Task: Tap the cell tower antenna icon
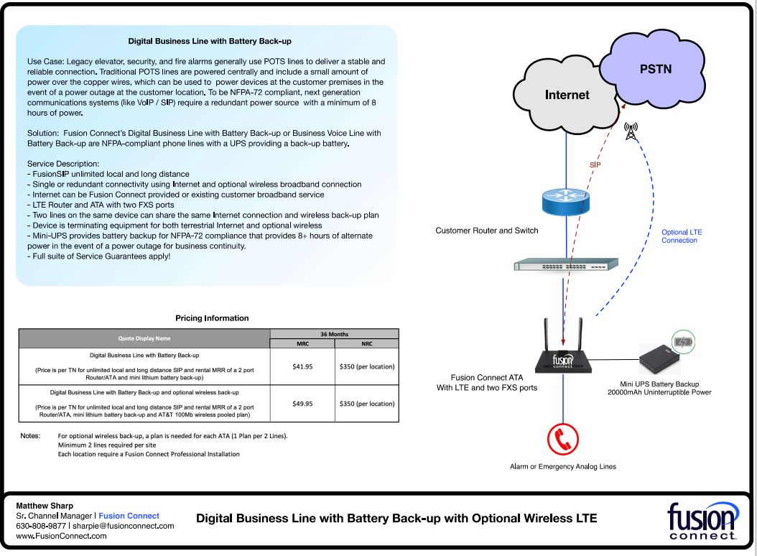[631, 131]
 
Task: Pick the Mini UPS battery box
[663, 358]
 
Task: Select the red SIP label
[595, 165]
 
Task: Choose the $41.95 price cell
[302, 366]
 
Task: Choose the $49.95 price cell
[302, 404]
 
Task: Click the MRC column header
[302, 344]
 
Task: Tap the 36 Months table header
[334, 334]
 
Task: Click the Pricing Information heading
[212, 318]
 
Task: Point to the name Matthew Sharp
[44, 506]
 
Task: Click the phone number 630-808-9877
[40, 526]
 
